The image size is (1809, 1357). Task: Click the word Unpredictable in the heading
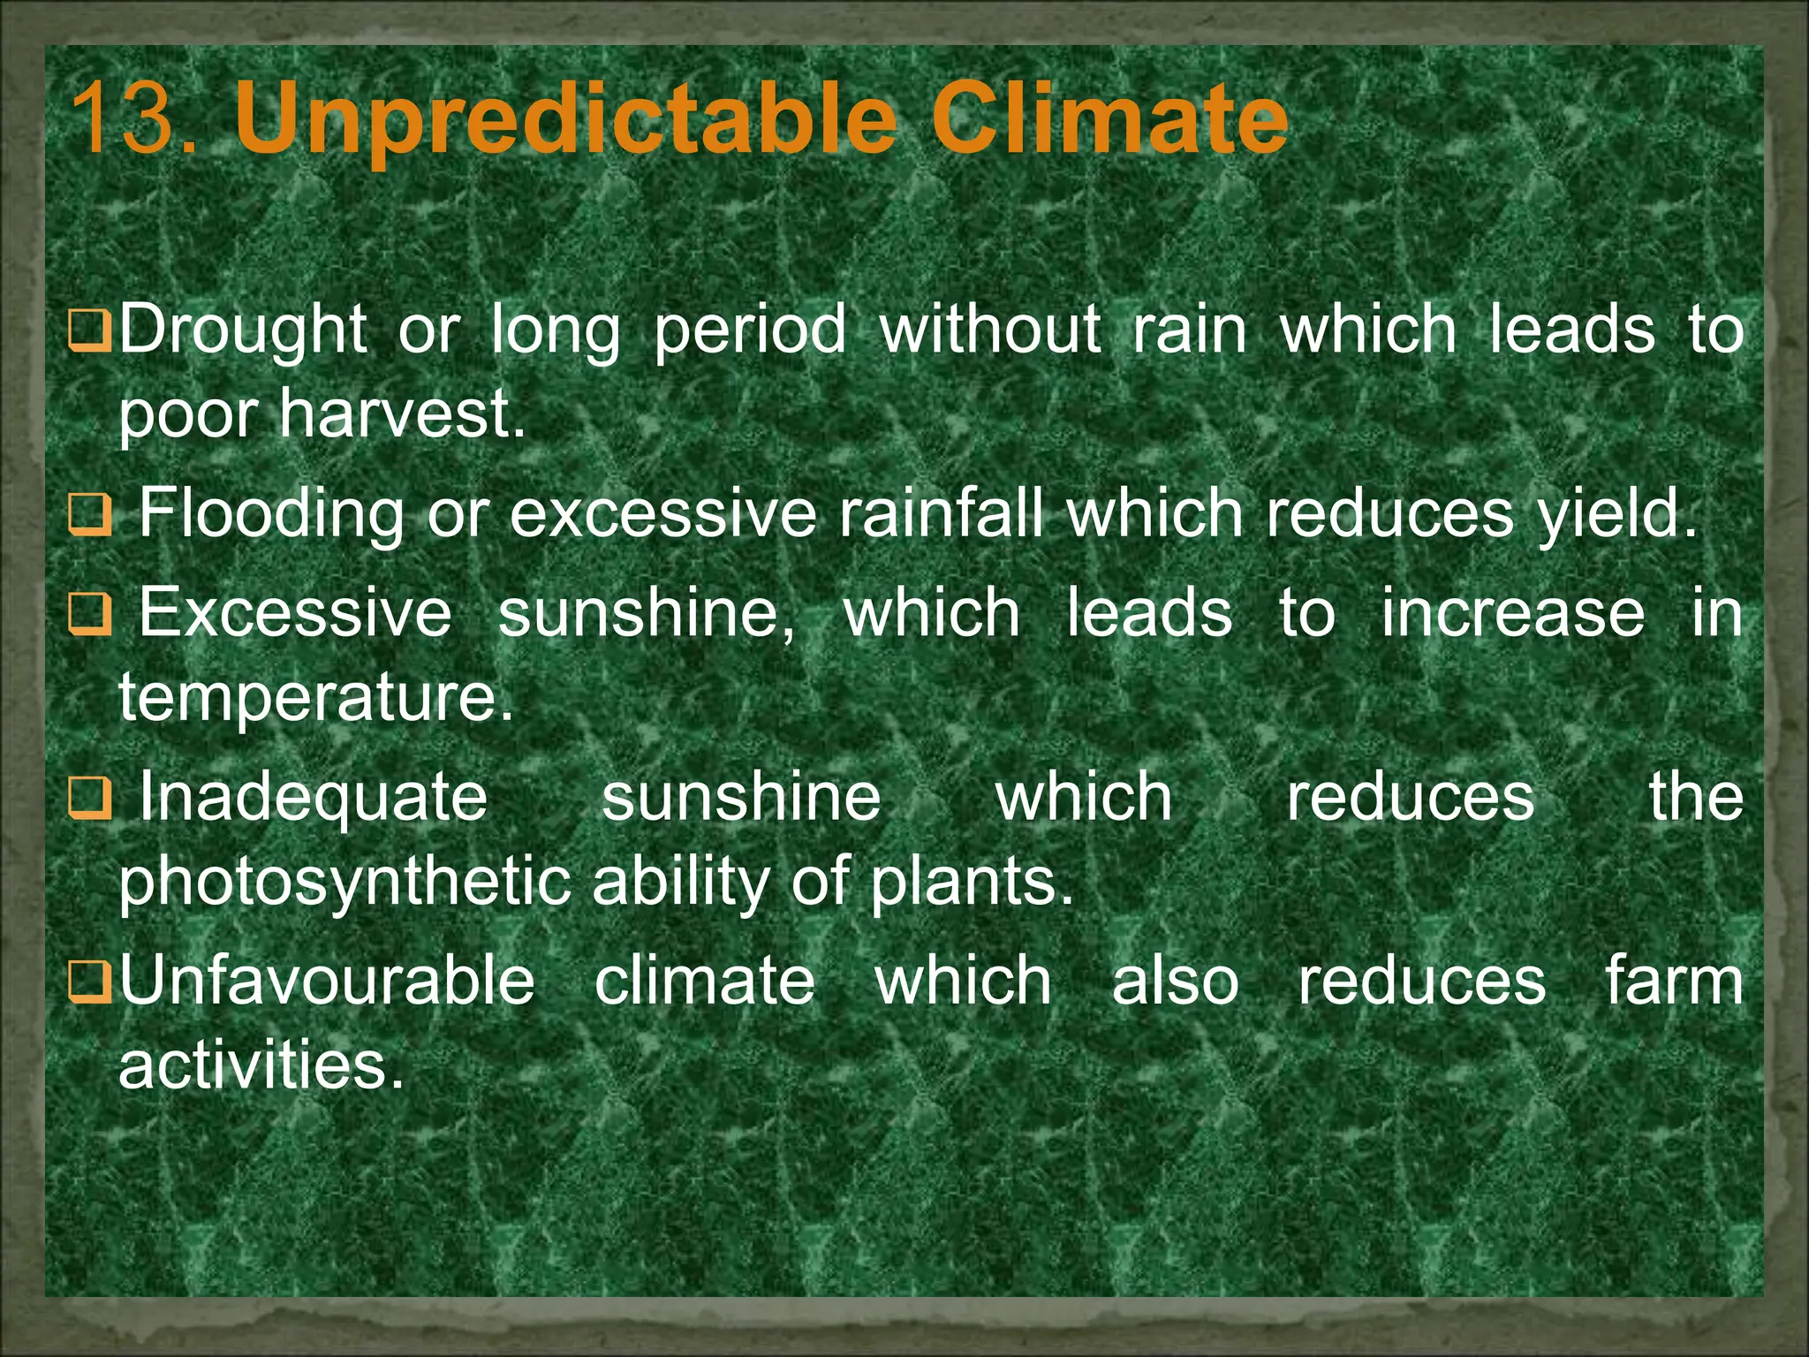(566, 119)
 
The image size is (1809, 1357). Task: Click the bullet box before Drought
(90, 329)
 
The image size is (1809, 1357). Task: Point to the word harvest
(402, 413)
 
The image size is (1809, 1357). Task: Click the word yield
(1616, 514)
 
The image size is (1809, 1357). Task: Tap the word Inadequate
(314, 797)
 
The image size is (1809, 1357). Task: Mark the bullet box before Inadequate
(90, 797)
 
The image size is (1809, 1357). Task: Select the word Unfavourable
(327, 981)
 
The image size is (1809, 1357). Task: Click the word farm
(1674, 981)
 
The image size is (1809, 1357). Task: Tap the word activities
(261, 1065)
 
